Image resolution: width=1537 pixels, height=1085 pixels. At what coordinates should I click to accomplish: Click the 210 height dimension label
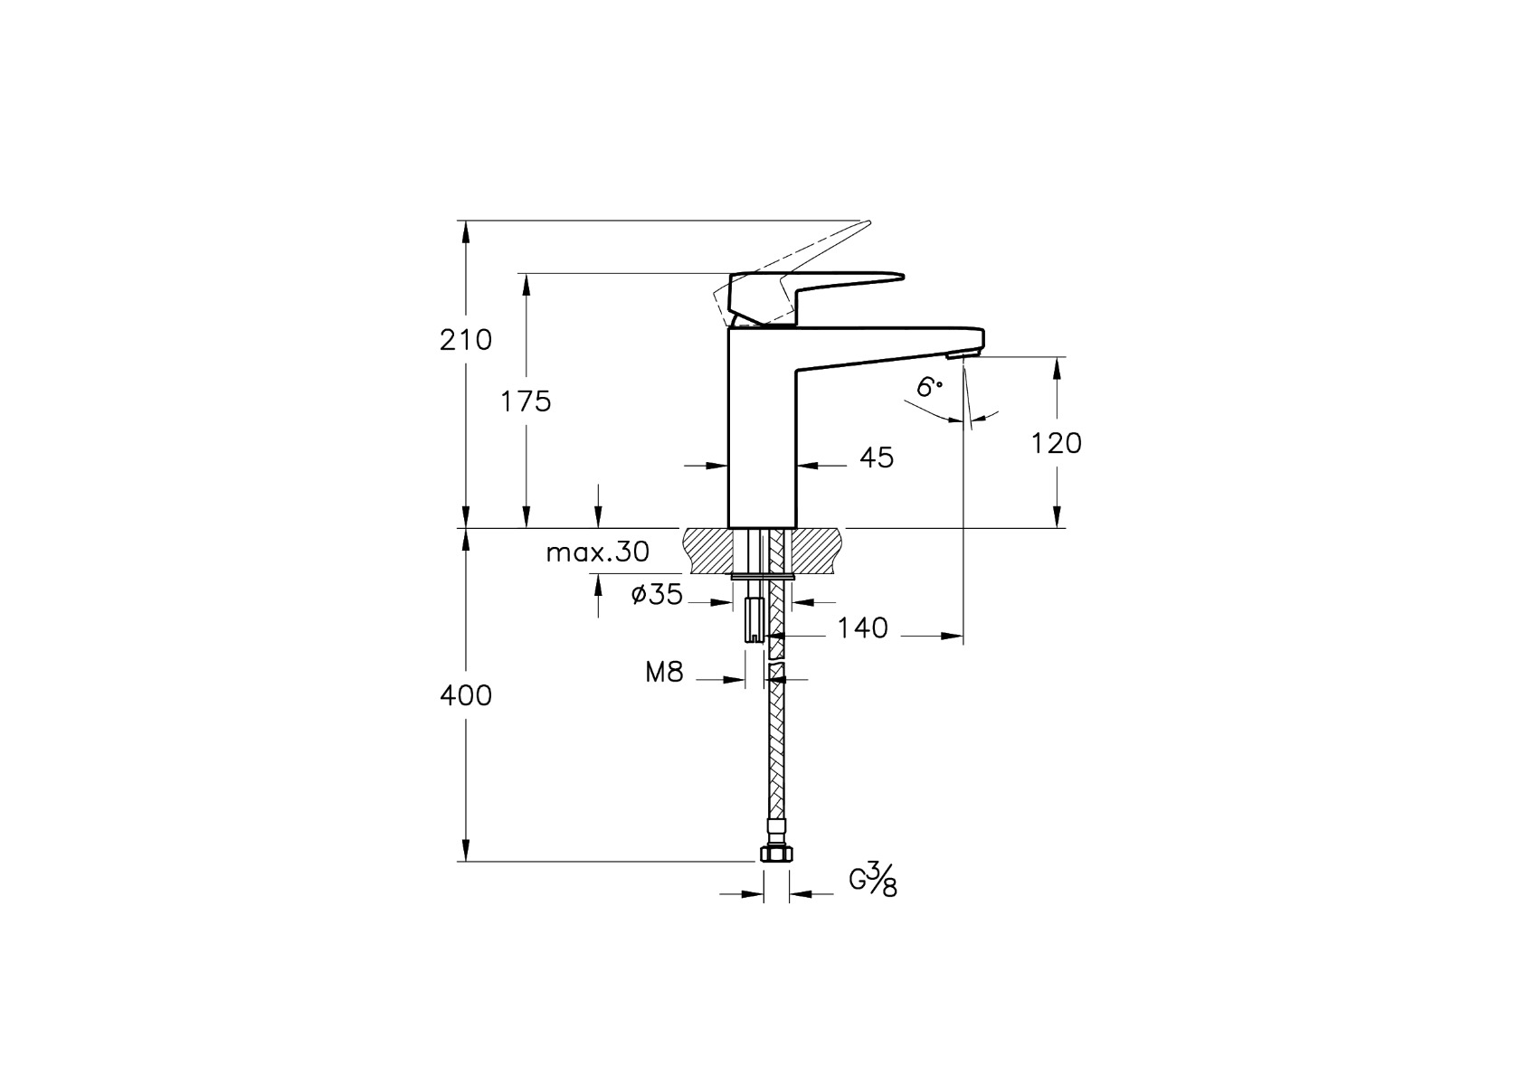[466, 340]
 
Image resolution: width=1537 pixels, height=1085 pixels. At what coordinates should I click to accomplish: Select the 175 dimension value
[527, 401]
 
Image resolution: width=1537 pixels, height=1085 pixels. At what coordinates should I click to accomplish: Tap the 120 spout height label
[1057, 443]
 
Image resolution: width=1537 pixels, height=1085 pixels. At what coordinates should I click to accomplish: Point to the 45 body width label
[876, 458]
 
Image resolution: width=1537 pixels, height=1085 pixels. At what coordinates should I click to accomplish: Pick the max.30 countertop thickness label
[598, 552]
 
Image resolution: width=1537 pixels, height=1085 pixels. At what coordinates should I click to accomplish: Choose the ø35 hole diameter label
[657, 595]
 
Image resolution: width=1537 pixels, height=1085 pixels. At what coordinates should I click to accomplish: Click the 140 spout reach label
[861, 627]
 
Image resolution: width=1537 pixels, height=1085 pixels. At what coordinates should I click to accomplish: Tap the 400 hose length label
[466, 695]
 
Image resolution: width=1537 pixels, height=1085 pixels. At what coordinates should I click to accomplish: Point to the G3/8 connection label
[873, 879]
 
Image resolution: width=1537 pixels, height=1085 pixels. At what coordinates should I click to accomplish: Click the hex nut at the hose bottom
[775, 854]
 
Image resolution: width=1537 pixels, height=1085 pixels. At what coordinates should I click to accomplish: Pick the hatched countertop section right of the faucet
[819, 550]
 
